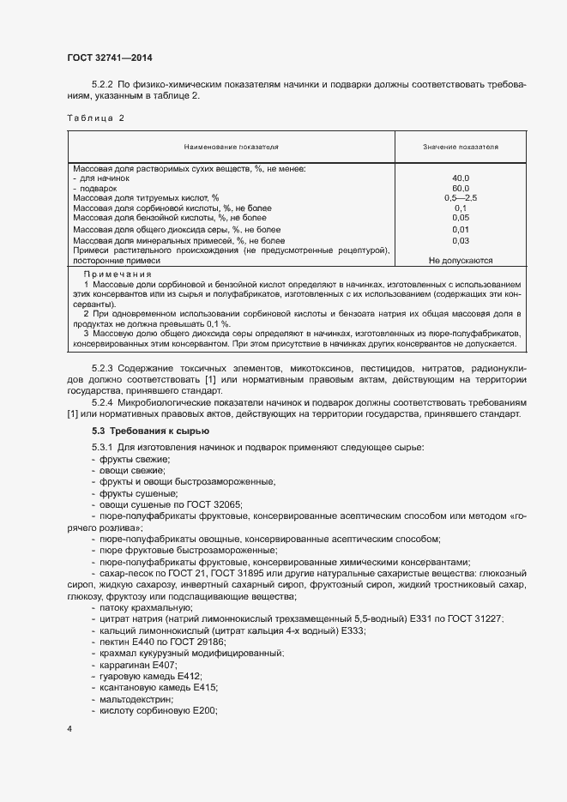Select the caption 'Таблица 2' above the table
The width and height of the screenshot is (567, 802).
point(95,118)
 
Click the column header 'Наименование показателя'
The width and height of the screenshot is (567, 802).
point(231,148)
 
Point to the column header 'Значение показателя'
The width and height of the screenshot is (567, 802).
point(461,148)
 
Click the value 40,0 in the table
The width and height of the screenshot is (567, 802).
point(461,178)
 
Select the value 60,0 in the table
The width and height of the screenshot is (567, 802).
point(461,188)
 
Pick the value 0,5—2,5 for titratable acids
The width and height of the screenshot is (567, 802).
point(461,198)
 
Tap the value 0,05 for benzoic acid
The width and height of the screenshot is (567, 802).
point(461,218)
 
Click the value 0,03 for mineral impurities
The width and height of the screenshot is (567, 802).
point(461,241)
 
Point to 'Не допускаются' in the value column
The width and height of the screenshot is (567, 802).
point(461,261)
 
